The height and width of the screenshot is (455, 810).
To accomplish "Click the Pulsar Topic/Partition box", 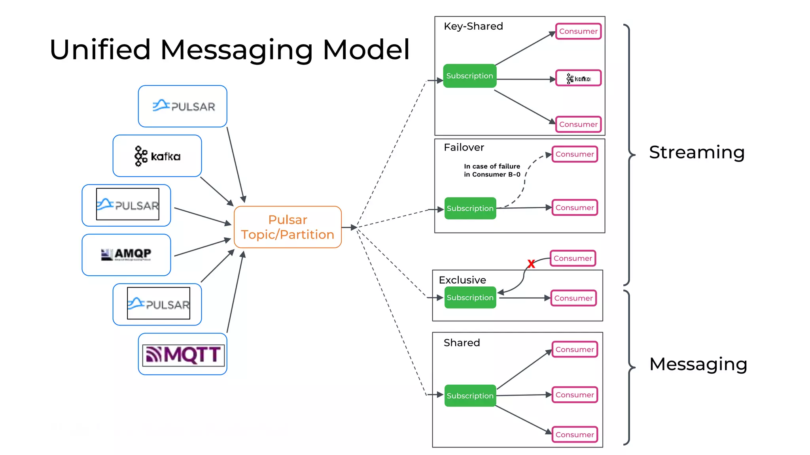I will [288, 227].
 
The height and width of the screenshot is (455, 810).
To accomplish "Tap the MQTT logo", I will [183, 354].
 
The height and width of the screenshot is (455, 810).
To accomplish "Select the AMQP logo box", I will [126, 255].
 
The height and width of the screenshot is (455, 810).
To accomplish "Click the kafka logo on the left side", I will [157, 156].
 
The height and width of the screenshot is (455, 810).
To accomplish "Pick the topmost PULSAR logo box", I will [183, 106].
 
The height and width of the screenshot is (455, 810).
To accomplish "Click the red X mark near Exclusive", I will [531, 264].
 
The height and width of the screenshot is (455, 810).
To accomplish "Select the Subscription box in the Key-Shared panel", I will [469, 76].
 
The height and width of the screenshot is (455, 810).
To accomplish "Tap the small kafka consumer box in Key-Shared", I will [578, 78].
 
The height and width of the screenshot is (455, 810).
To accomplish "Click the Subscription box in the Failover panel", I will [470, 208].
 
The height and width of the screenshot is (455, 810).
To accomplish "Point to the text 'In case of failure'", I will [492, 166].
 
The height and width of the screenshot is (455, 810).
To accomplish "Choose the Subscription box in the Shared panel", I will [470, 395].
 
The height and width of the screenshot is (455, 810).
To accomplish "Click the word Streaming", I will [696, 152].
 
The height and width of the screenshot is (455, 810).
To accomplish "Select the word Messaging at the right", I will [698, 364].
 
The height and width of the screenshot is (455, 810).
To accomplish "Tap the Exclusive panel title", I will [462, 280].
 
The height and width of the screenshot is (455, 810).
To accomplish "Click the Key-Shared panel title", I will [473, 26].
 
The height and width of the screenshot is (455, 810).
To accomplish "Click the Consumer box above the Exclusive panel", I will [573, 258].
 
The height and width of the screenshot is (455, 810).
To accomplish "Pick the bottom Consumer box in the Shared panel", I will [575, 434].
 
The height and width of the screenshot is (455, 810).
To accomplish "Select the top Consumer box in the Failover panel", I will [575, 154].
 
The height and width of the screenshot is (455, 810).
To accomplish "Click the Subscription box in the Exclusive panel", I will [470, 297].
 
